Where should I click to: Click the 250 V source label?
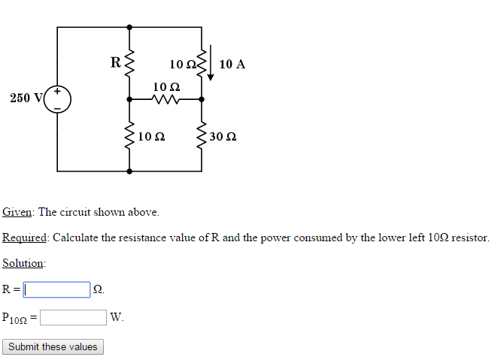tap(26, 98)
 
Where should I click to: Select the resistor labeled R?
tap(129, 63)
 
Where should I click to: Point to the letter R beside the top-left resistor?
tap(115, 62)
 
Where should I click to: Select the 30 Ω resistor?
tap(201, 137)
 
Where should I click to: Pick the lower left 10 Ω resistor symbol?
tap(129, 137)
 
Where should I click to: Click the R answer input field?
tap(56, 289)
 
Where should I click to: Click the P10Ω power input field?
tap(73, 317)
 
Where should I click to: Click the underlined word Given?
tap(17, 212)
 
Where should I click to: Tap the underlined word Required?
tap(25, 237)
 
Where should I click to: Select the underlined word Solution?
tap(23, 263)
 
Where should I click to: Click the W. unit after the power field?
tap(117, 317)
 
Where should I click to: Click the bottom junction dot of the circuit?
tap(129, 171)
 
